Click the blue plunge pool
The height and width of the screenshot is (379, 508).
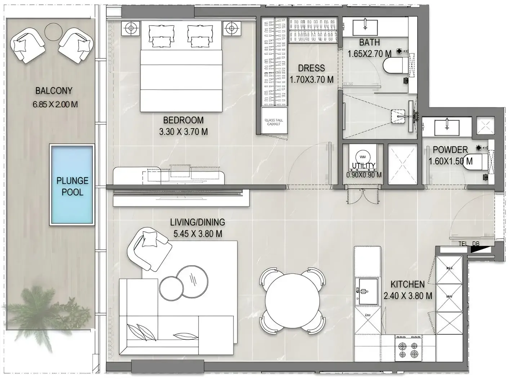click(72, 185)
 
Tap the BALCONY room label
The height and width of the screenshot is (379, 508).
click(54, 91)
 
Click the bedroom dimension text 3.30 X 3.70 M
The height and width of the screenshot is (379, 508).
click(183, 132)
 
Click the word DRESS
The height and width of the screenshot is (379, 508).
click(311, 68)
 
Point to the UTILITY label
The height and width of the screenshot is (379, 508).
click(364, 166)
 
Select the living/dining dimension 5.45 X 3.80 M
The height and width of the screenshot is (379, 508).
click(197, 234)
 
